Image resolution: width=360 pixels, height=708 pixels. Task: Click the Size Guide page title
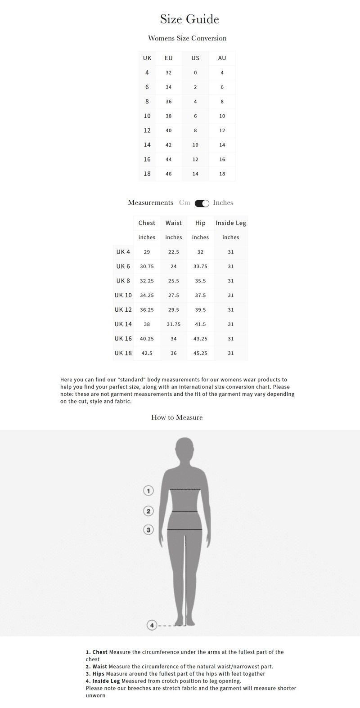pos(189,19)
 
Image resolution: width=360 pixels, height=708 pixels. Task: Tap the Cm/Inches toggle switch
pos(202,203)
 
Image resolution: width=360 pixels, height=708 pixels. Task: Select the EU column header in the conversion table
pos(168,58)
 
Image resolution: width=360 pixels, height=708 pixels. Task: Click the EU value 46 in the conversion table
pos(168,174)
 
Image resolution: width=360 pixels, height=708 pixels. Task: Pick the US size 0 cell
pos(195,72)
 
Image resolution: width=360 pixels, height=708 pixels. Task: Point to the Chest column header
pos(147,223)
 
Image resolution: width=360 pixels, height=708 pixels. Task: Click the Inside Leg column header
pos(231,223)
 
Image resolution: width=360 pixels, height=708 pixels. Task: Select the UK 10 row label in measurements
pos(123,295)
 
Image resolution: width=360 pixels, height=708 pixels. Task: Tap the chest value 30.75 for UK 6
pos(147,266)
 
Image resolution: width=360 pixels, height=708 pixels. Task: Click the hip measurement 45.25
pos(200,353)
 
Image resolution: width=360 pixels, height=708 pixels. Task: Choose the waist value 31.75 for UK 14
pos(174,324)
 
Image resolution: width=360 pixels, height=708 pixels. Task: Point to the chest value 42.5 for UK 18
pos(147,353)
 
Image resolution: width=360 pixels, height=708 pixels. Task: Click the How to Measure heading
pos(177,417)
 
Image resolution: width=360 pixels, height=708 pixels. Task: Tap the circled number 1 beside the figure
pos(148,490)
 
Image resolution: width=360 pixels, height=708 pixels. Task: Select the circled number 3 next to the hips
pos(148,529)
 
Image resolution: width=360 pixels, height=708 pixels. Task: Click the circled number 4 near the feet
pos(152,625)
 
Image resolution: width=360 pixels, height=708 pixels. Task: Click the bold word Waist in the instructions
pos(100,667)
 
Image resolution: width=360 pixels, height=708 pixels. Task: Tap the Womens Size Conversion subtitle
pos(187,38)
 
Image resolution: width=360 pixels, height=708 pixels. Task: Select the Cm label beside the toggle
pos(184,203)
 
